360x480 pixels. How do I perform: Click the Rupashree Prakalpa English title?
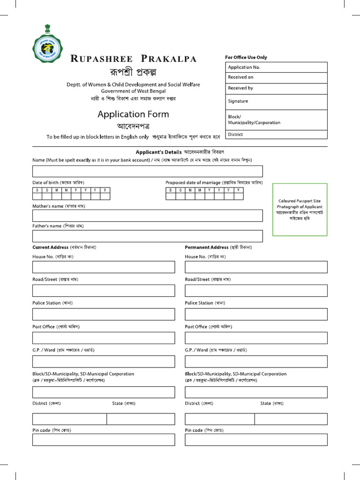pyautogui.click(x=133, y=59)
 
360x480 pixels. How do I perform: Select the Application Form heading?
pyautogui.click(x=133, y=114)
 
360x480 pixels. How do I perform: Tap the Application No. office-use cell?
pyautogui.click(x=276, y=67)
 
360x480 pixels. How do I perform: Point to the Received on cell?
pyautogui.click(x=276, y=77)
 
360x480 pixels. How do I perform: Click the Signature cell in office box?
pyautogui.click(x=276, y=101)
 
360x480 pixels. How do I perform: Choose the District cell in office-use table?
pyautogui.click(x=276, y=135)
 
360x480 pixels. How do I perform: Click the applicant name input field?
pyautogui.click(x=147, y=171)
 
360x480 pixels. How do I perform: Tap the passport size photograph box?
pyautogui.click(x=300, y=210)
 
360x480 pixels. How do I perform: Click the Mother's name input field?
pyautogui.click(x=147, y=216)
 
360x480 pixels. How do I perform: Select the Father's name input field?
pyautogui.click(x=147, y=236)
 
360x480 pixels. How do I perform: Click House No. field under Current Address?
pyautogui.click(x=103, y=267)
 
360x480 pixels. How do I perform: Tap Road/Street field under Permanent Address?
pyautogui.click(x=256, y=291)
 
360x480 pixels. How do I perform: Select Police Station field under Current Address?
pyautogui.click(x=103, y=314)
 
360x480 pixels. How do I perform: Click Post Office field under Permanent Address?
pyautogui.click(x=256, y=337)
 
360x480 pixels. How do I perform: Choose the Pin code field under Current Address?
pyautogui.click(x=103, y=440)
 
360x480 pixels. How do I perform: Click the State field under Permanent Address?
pyautogui.click(x=291, y=419)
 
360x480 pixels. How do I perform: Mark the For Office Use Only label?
pyautogui.click(x=246, y=57)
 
